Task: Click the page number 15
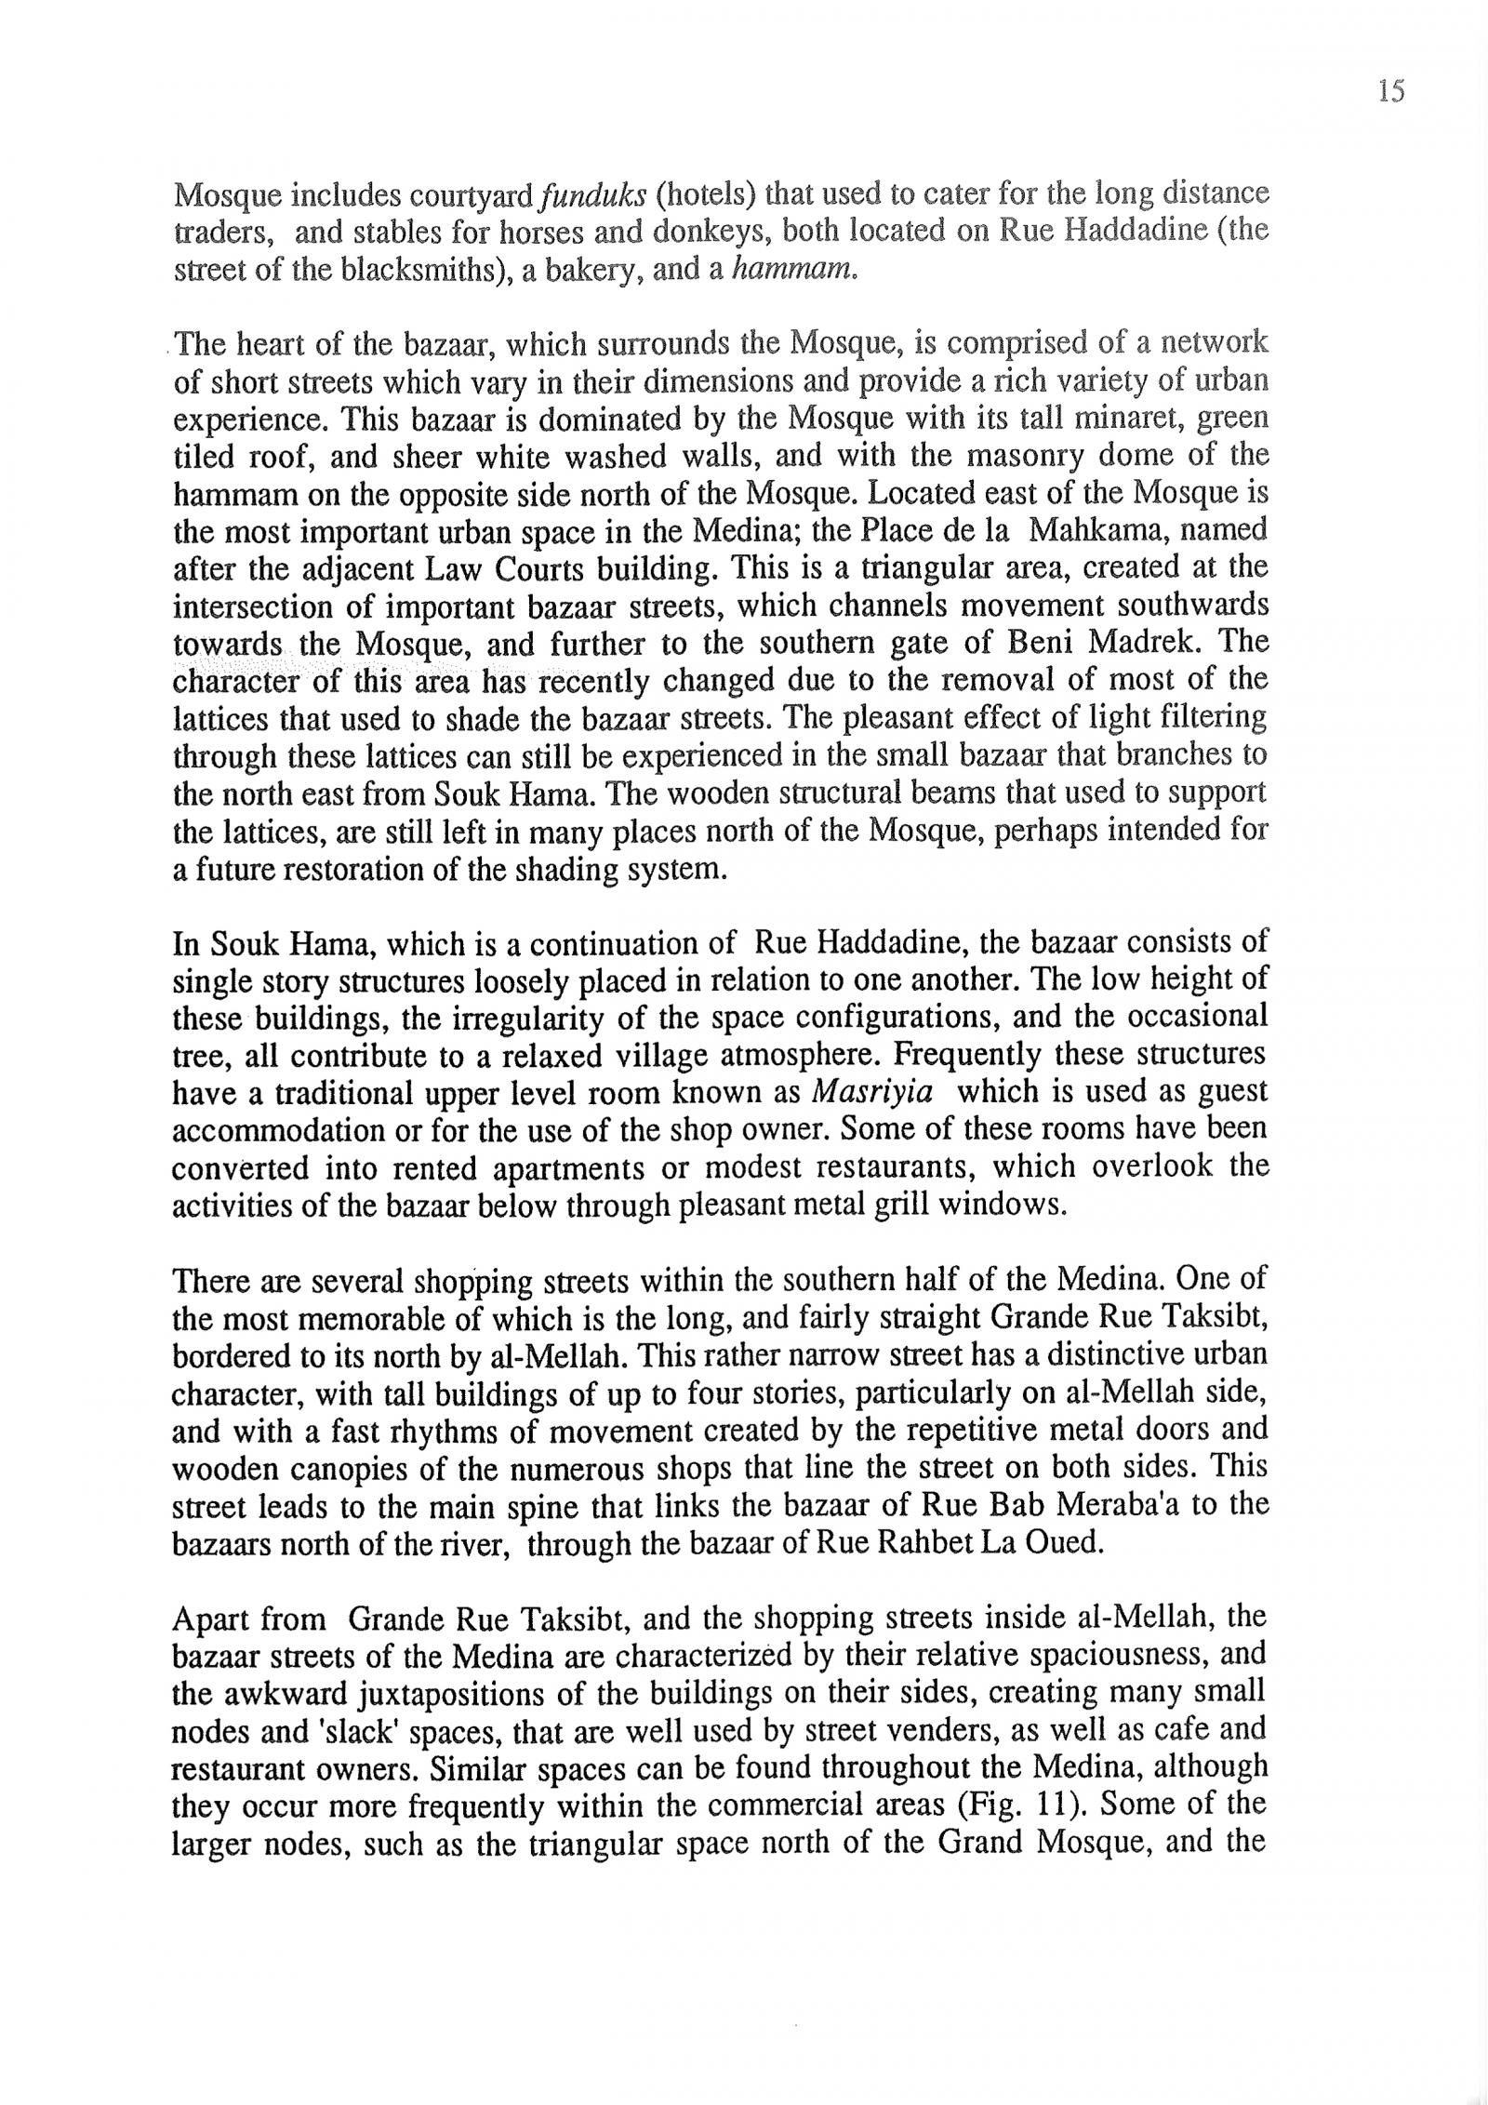pyautogui.click(x=1390, y=91)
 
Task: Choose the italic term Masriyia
pyautogui.click(x=871, y=1091)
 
